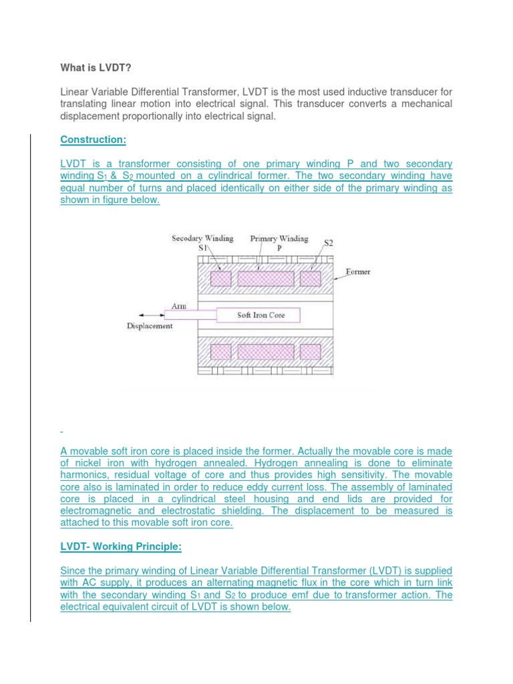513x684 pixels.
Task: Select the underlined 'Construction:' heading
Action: click(x=93, y=140)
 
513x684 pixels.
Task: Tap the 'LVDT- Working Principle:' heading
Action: click(x=120, y=547)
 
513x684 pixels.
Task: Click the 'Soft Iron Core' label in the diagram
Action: click(x=261, y=315)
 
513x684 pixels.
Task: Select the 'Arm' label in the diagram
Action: click(x=179, y=305)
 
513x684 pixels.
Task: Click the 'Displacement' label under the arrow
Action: click(x=150, y=326)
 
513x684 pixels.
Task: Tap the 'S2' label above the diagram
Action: click(x=329, y=243)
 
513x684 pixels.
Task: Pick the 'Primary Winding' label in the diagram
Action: click(x=279, y=238)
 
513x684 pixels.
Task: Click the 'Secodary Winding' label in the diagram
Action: click(x=202, y=238)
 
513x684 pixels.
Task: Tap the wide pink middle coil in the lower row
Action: click(x=265, y=351)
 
